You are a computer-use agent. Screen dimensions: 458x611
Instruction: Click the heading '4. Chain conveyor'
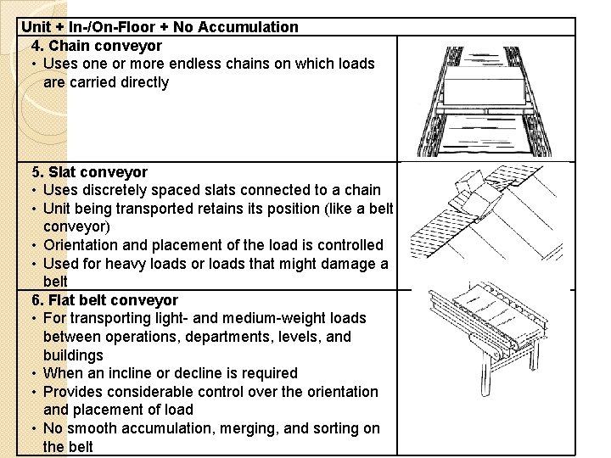coord(96,45)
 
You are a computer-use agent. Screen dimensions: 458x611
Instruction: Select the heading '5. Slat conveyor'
coord(89,172)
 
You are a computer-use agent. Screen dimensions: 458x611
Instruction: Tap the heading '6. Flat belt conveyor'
coord(104,300)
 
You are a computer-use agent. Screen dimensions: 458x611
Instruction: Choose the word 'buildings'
coord(73,355)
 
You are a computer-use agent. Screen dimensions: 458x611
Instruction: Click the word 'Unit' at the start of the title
coord(36,26)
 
